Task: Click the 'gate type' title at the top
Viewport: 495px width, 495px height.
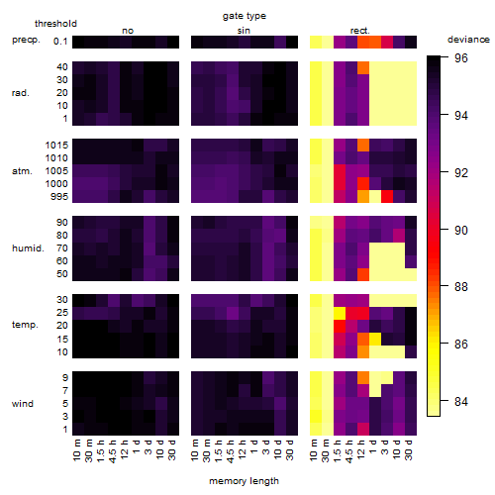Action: [245, 16]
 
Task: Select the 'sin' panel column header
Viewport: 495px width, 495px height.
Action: [244, 31]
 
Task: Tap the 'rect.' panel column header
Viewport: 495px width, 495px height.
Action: [360, 31]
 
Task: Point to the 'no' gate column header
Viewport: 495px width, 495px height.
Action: [128, 31]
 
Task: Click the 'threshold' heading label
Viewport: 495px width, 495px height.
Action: [55, 24]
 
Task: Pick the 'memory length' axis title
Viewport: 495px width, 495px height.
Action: [244, 481]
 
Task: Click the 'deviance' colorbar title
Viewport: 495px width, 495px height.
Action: [468, 40]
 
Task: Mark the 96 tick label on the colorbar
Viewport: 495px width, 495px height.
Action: [461, 58]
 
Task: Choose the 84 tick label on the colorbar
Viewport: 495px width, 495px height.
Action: [461, 402]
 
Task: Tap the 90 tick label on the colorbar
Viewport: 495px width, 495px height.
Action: [461, 230]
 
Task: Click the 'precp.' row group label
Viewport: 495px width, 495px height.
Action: [26, 40]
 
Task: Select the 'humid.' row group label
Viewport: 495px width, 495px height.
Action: [28, 248]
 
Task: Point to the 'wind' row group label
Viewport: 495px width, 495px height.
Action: [23, 404]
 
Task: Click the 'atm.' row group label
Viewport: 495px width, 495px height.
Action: [22, 171]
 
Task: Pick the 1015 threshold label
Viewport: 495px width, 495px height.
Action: [56, 146]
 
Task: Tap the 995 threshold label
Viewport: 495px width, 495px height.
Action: [59, 197]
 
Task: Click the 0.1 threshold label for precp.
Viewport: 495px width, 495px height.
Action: [60, 42]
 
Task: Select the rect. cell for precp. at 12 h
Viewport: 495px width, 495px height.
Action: [363, 42]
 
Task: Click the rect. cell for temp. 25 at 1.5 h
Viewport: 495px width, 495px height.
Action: [340, 313]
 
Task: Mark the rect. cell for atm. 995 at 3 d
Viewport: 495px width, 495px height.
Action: [387, 196]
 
